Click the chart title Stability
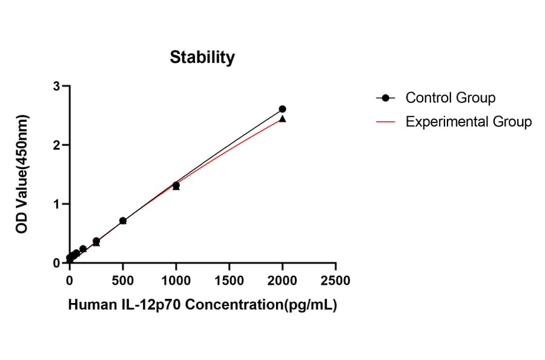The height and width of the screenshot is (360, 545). (202, 58)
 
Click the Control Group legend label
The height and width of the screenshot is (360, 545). (450, 98)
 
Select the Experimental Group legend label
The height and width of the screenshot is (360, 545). (468, 122)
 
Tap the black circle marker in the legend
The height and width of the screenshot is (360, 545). (386, 98)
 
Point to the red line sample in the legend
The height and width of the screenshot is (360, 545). (386, 122)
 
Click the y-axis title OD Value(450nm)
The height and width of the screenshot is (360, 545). (22, 175)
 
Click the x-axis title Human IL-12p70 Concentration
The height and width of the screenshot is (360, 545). (202, 305)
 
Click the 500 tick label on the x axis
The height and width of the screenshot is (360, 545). (123, 281)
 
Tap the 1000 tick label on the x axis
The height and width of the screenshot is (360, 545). (176, 281)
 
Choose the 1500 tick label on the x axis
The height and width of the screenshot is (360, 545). (229, 281)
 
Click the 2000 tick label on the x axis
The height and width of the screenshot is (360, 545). (282, 281)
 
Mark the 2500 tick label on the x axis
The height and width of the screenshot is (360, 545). (335, 281)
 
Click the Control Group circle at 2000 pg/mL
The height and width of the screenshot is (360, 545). (282, 109)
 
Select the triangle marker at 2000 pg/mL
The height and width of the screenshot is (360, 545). (282, 119)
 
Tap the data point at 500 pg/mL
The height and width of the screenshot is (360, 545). (123, 221)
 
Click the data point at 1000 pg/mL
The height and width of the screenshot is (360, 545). (176, 185)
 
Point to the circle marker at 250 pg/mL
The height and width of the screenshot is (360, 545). (96, 241)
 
